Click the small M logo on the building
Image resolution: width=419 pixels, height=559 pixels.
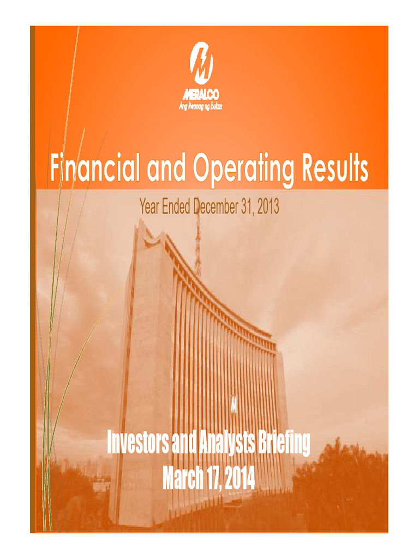pyautogui.click(x=234, y=405)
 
